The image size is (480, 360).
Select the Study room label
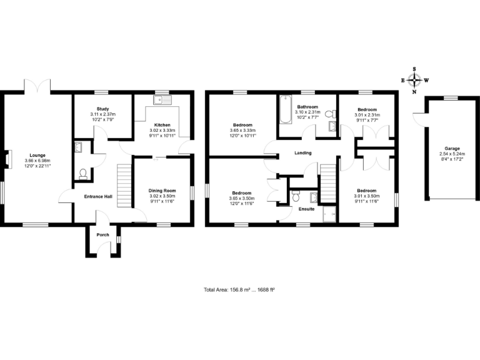[102, 108]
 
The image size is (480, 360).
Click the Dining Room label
[162, 190]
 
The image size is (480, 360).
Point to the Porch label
[102, 235]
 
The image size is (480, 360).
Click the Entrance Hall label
[99, 196]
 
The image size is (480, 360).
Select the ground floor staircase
[124, 184]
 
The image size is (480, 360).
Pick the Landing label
[303, 153]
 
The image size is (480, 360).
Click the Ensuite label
[306, 209]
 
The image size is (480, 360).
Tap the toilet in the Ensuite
[296, 196]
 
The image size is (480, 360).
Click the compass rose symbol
[414, 80]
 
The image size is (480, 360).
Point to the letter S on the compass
[414, 69]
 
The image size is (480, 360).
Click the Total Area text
[240, 289]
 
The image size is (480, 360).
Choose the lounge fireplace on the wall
[7, 159]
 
